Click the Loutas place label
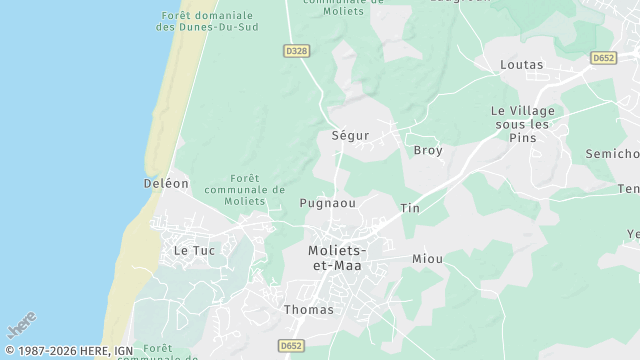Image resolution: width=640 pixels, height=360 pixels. [x=521, y=65]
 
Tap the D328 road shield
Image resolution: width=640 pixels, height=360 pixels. [x=295, y=51]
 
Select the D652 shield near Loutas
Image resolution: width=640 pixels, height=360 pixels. [x=602, y=58]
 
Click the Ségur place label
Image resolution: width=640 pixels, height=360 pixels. [x=350, y=135]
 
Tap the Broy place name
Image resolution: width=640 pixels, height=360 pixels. [x=428, y=150]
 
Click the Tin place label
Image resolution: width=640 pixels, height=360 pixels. [x=410, y=208]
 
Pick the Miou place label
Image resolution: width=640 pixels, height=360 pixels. [x=427, y=259]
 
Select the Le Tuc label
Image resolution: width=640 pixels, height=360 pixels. [x=194, y=250]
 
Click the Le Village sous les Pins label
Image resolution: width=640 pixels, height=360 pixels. [x=521, y=124]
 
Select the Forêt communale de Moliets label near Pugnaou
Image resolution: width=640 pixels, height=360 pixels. [x=244, y=189]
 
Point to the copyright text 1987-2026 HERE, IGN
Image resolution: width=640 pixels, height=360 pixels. [x=69, y=351]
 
